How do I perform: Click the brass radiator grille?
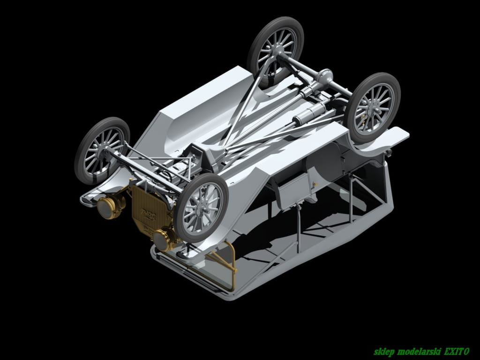[147, 209]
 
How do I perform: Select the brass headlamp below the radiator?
[164, 239]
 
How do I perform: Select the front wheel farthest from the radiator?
[102, 150]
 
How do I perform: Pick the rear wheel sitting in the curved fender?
[372, 108]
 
